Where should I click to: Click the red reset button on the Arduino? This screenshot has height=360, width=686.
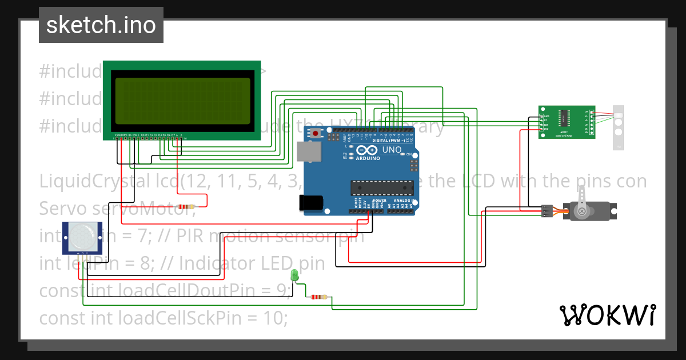(316, 133)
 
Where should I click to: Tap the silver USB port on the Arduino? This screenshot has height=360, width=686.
(309, 153)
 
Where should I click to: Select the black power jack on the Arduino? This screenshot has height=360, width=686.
(311, 203)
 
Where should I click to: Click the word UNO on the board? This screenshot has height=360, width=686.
(392, 150)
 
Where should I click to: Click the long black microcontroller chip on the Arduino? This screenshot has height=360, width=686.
(382, 188)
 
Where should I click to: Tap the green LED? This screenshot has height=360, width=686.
(295, 275)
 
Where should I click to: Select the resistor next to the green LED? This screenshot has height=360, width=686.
(317, 297)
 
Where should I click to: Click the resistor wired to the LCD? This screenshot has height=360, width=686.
(187, 207)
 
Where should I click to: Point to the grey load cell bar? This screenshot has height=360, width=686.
(619, 127)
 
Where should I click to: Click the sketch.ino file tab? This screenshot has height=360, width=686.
(101, 25)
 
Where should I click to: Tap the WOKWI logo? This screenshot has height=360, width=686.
(607, 315)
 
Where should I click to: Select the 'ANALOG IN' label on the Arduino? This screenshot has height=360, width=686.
(401, 201)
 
